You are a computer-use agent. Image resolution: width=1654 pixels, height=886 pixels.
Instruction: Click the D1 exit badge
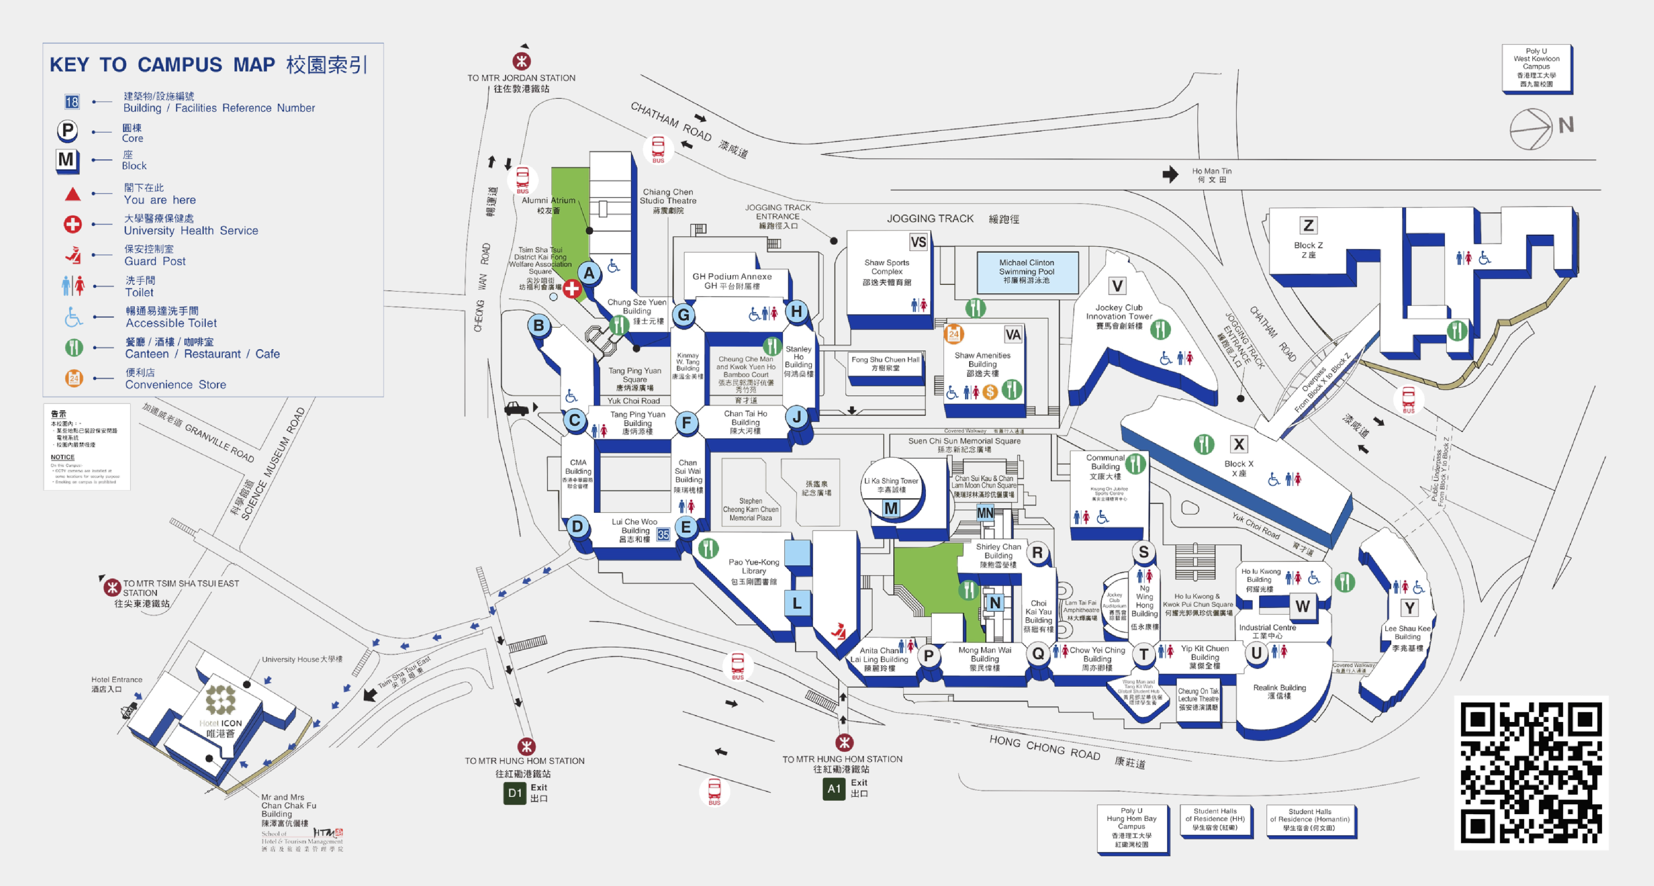tap(514, 793)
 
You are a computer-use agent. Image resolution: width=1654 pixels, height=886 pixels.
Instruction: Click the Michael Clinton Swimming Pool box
tap(1027, 272)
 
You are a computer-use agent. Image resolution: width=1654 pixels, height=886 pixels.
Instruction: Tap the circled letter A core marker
tap(589, 273)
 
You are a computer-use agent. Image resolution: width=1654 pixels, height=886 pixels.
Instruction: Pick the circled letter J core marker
tap(797, 417)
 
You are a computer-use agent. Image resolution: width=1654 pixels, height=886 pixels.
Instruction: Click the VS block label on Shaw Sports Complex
tap(918, 242)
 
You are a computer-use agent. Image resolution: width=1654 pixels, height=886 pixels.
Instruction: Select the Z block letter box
tap(1308, 225)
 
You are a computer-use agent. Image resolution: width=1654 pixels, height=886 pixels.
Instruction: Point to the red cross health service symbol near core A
tap(572, 289)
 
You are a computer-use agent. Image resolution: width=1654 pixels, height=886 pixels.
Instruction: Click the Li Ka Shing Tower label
tap(891, 485)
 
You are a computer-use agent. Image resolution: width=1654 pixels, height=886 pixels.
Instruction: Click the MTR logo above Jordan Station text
tap(522, 61)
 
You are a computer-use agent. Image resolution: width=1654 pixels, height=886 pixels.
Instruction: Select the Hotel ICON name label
tap(220, 727)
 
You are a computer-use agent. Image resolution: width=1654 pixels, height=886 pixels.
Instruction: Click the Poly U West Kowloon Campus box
tap(1536, 68)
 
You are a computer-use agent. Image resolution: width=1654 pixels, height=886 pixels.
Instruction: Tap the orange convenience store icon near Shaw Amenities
tap(954, 334)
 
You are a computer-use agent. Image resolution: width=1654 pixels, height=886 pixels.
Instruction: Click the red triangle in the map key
tap(73, 194)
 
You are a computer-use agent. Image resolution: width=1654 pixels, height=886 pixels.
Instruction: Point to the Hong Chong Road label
tap(1045, 748)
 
